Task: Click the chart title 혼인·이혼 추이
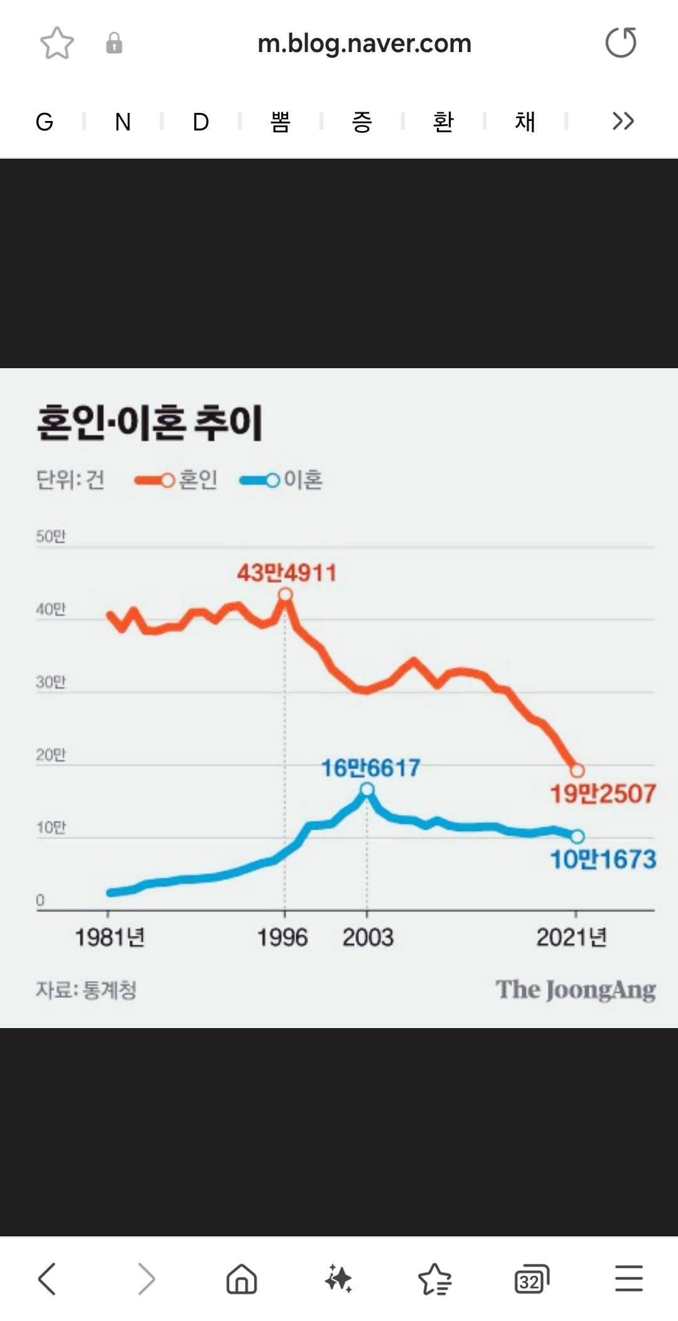(x=149, y=423)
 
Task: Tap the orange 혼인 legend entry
(x=176, y=480)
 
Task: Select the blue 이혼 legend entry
(x=281, y=480)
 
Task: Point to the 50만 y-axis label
(x=50, y=536)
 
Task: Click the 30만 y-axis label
(x=50, y=682)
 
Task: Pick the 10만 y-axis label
(x=50, y=827)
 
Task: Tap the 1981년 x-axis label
(x=110, y=938)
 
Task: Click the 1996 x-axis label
(x=282, y=938)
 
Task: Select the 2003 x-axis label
(x=368, y=938)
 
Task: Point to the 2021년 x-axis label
(x=571, y=938)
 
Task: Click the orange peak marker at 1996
(x=285, y=595)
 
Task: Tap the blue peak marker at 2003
(x=367, y=789)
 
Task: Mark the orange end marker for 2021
(x=577, y=770)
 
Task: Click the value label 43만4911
(x=286, y=573)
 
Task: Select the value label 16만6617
(x=370, y=768)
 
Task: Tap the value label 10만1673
(x=603, y=859)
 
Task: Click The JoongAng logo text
(x=576, y=990)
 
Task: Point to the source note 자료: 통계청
(x=86, y=990)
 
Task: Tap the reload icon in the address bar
(x=621, y=43)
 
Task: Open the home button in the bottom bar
(x=242, y=1279)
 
